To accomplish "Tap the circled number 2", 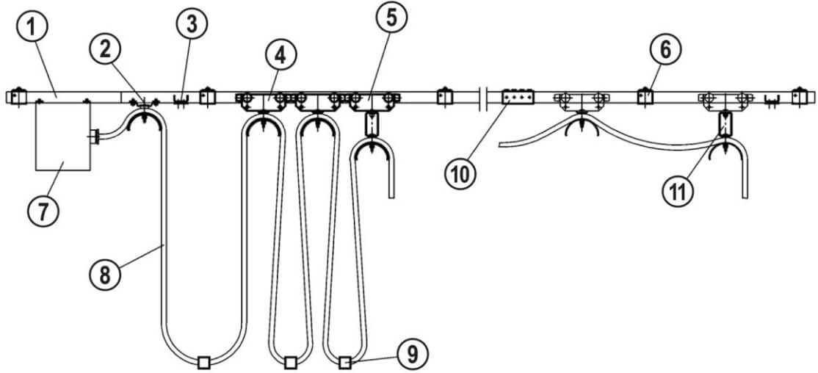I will pyautogui.click(x=106, y=50).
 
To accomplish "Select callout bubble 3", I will pyautogui.click(x=192, y=23).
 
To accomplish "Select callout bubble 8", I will pyautogui.click(x=105, y=275).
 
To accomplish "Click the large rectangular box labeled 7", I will pyautogui.click(x=63, y=136).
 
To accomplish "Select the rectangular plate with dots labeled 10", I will pyautogui.click(x=517, y=96).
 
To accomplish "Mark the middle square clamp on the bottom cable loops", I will pyautogui.click(x=291, y=362).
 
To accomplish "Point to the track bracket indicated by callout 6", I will pyautogui.click(x=646, y=96).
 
